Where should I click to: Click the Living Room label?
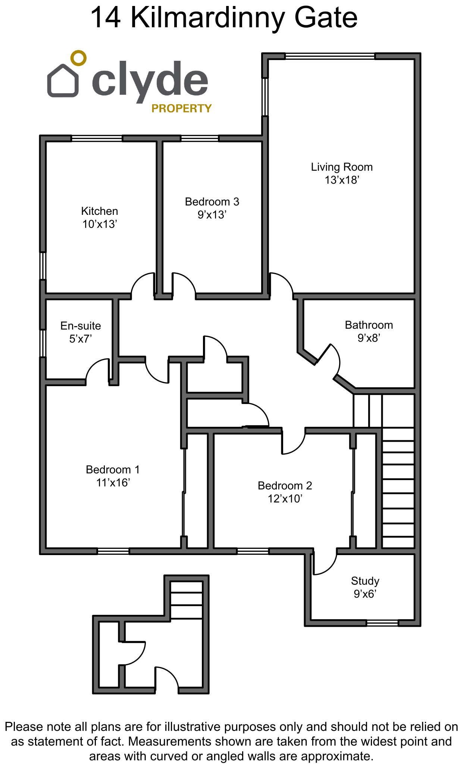(342, 167)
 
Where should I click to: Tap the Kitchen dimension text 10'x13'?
(100, 224)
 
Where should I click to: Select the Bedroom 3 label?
(212, 201)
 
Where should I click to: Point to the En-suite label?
(81, 326)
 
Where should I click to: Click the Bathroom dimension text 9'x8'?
(369, 338)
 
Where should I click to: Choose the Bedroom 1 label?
(113, 469)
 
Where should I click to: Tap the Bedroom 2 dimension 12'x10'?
(285, 498)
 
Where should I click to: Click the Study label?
(365, 581)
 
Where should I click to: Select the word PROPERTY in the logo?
(181, 108)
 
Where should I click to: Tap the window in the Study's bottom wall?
(382, 623)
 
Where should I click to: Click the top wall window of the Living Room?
(330, 56)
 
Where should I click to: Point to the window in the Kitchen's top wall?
(97, 138)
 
